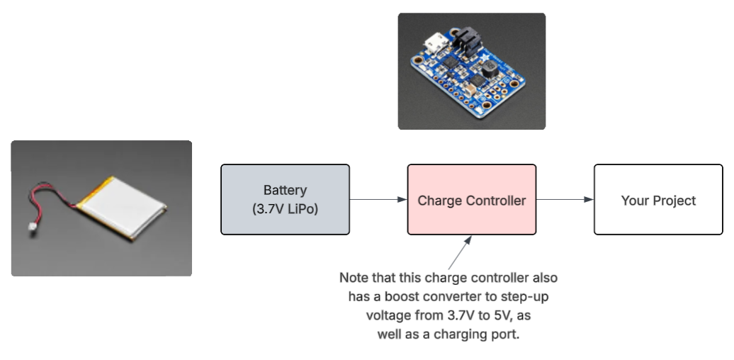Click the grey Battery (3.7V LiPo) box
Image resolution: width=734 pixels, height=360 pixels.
285,200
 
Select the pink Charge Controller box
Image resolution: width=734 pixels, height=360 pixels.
472,200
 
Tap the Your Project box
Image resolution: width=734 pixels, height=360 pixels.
658,200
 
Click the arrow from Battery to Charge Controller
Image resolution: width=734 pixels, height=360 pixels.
378,200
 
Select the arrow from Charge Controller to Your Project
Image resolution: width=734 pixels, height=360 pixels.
565,200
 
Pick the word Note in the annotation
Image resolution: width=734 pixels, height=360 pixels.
354,276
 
